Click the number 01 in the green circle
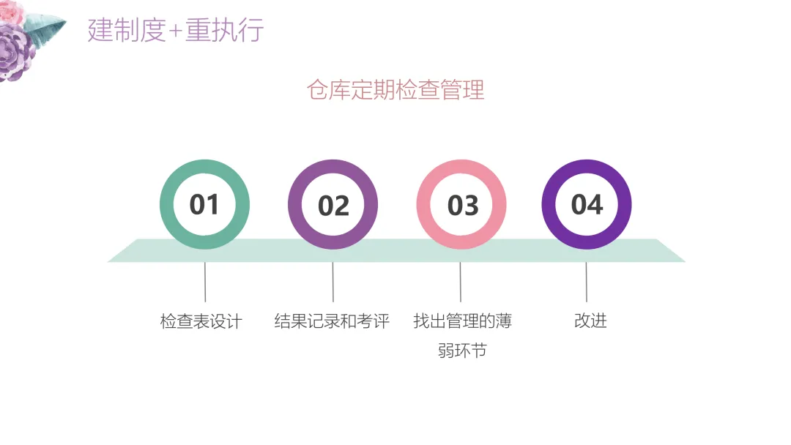[x=204, y=205]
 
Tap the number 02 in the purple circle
[x=333, y=206]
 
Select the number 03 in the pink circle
[x=462, y=206]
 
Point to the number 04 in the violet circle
[x=587, y=205]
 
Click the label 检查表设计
[x=201, y=321]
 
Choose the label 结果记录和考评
[x=332, y=321]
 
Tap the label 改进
[x=590, y=321]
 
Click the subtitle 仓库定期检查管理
[x=395, y=90]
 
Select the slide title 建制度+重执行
[x=175, y=31]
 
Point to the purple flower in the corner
[x=16, y=53]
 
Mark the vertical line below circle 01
[x=205, y=282]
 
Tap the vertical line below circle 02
[x=333, y=282]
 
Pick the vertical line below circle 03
[x=461, y=282]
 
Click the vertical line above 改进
[x=587, y=282]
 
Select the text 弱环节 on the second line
[x=462, y=351]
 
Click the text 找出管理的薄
[x=462, y=321]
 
